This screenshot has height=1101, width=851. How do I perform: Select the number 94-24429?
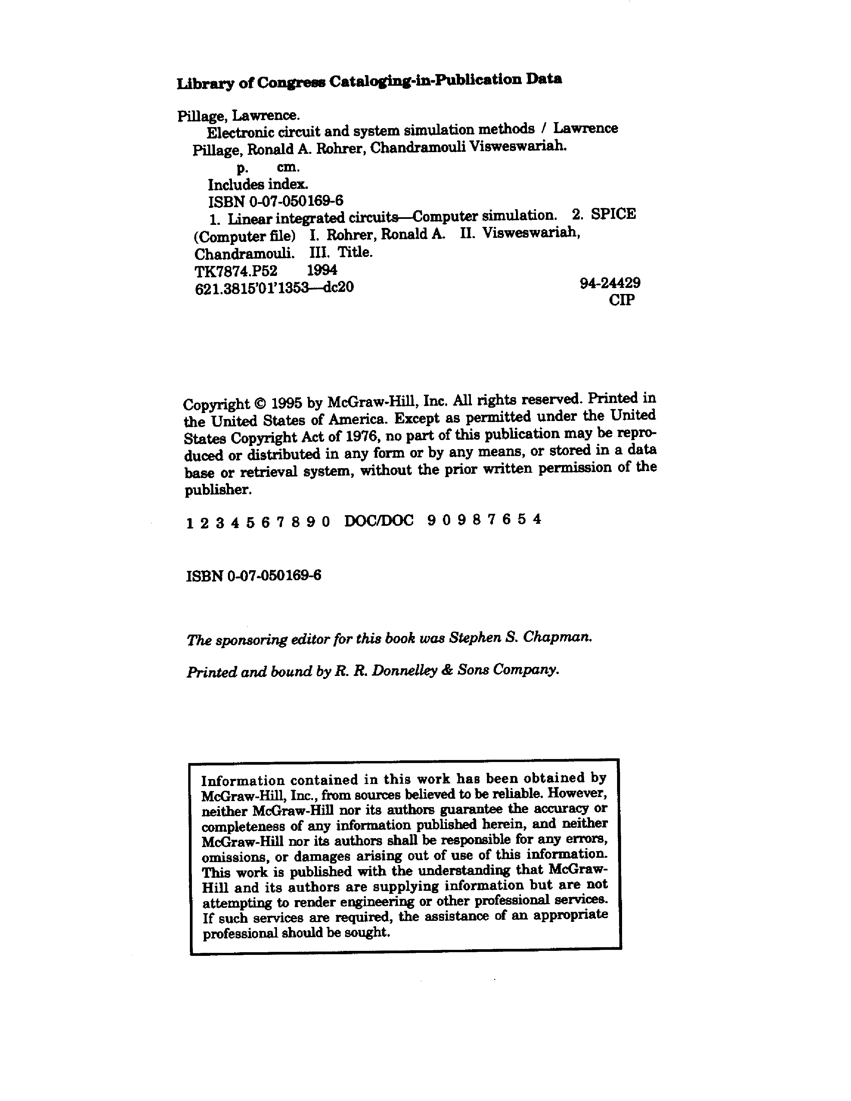609,283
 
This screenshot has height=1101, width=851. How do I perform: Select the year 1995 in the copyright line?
286,403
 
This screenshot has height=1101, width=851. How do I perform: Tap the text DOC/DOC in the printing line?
379,520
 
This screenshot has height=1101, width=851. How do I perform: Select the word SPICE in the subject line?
613,214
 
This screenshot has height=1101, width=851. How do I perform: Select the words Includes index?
258,185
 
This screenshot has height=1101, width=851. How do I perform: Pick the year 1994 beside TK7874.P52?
322,270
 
